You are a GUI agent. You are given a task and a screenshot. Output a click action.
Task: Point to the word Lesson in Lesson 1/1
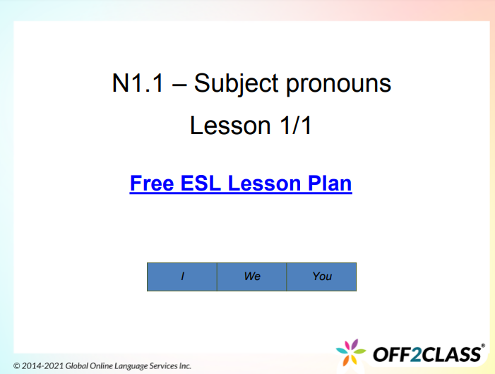(225, 126)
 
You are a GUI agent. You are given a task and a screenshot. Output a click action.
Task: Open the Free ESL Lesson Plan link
(241, 183)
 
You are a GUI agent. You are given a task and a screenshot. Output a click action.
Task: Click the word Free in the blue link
(153, 183)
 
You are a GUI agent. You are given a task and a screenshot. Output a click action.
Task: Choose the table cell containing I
(182, 277)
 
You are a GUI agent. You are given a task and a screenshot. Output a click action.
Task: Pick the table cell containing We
(252, 277)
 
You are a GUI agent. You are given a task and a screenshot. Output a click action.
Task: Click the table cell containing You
(321, 277)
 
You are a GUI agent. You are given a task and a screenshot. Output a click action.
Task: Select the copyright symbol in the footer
(17, 366)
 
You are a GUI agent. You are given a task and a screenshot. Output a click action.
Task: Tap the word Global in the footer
(78, 366)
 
